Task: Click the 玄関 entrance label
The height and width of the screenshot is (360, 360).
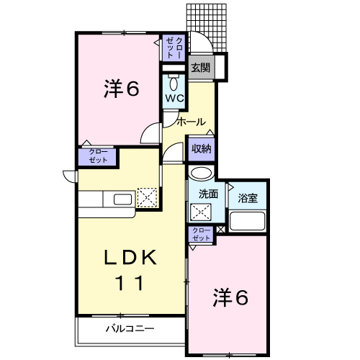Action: coord(200,68)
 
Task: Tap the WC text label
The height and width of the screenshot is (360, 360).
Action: coord(174,97)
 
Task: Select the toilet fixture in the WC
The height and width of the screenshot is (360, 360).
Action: coord(174,79)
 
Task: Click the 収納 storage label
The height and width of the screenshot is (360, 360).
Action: coord(202,149)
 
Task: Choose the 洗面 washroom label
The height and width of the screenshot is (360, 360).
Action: coord(208,194)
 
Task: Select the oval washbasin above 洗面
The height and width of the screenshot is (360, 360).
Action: coord(202,174)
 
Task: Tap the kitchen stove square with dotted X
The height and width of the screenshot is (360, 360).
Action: coord(147,197)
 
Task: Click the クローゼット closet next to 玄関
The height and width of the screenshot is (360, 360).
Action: coord(174,47)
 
